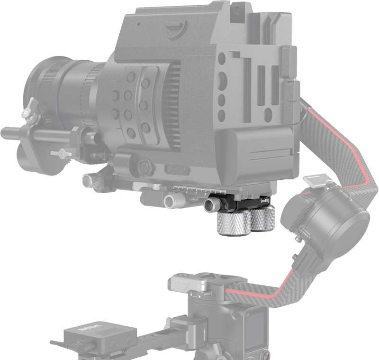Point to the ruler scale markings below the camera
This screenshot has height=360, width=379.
189,190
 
